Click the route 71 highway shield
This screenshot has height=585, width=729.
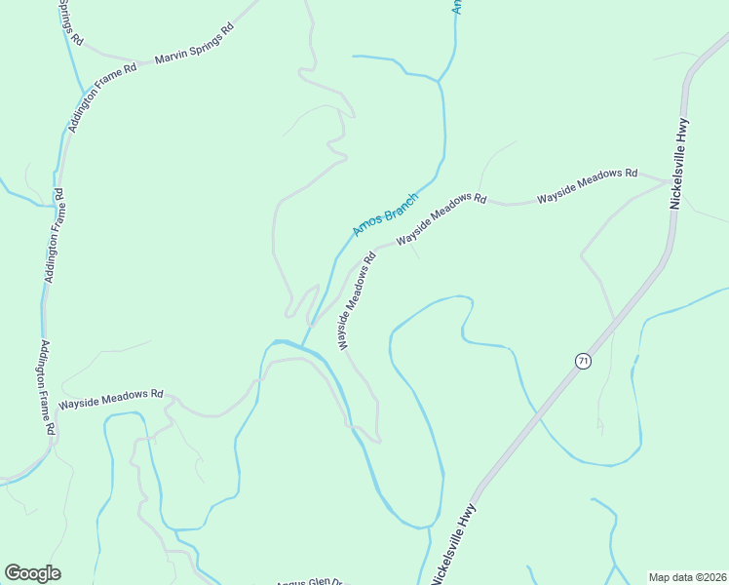tap(583, 361)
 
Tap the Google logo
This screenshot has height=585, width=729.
tap(33, 573)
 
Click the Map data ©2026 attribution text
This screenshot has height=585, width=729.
tap(687, 577)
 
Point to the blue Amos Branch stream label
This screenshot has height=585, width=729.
tap(385, 214)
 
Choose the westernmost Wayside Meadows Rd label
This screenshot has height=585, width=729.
tap(111, 398)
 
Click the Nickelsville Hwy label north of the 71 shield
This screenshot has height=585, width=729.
tap(680, 163)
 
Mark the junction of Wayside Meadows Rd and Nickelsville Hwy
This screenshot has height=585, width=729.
tap(667, 180)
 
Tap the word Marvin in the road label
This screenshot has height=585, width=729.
tap(173, 57)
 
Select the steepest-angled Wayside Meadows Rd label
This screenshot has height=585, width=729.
tap(357, 302)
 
